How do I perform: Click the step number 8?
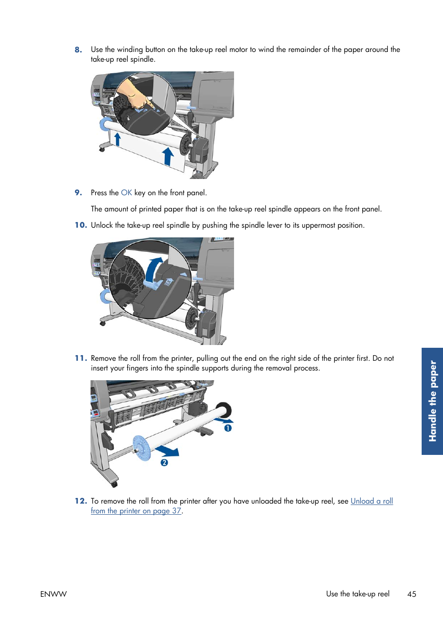point(78,50)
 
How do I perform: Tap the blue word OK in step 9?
point(126,193)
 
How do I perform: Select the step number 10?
point(81,225)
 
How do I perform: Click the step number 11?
point(81,358)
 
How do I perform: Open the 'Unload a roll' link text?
point(371,501)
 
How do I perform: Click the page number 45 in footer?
point(411,594)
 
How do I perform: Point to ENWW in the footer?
point(53,594)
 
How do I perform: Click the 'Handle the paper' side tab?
point(432,401)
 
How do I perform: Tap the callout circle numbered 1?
point(228,428)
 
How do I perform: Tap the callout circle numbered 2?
point(164,462)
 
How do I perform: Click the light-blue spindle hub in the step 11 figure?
point(142,447)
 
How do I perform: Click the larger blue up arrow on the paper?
point(168,156)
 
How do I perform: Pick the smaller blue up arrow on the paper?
point(117,139)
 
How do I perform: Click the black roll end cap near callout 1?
point(225,409)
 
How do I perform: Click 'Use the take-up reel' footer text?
point(358,594)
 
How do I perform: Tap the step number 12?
point(81,501)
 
